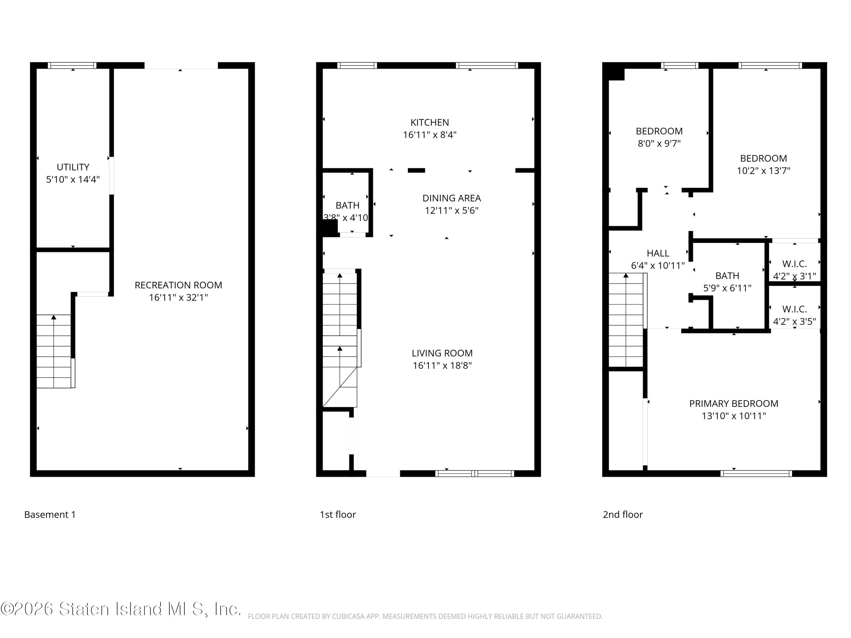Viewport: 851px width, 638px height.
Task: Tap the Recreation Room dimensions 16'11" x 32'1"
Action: coord(178,297)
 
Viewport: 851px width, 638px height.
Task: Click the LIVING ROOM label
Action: coord(442,353)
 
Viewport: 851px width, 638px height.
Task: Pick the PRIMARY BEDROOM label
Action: coord(733,404)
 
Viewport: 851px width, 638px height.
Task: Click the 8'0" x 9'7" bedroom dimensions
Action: coord(659,143)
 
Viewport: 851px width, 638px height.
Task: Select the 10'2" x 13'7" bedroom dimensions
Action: coord(763,171)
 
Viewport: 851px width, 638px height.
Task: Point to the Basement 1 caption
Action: coord(50,515)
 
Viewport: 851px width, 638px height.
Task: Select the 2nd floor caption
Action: coord(622,515)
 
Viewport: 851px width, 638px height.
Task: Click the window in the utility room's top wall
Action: coord(72,66)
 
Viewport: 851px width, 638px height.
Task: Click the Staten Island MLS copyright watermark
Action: coord(121,609)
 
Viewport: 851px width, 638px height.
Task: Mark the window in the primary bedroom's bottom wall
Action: coord(756,474)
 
